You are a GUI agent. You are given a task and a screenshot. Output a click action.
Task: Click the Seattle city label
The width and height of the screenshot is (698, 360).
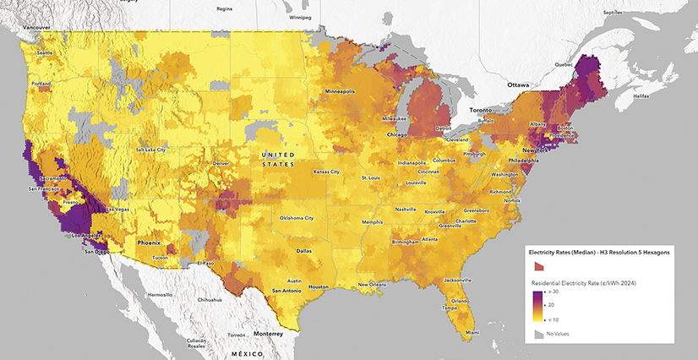[x=44, y=53]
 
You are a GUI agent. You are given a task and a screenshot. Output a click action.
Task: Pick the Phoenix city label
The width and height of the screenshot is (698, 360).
[x=149, y=243]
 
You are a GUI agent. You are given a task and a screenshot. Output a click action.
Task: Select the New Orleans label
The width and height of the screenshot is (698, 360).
[x=372, y=284]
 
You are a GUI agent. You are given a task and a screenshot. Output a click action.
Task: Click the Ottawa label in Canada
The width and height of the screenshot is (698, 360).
[x=517, y=85]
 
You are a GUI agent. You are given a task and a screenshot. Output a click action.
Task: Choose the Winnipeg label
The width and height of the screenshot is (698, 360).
[x=301, y=17]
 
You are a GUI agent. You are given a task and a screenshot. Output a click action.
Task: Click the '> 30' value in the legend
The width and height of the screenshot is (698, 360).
[x=559, y=292]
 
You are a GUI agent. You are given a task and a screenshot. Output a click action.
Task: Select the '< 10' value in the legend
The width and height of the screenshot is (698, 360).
[x=559, y=319]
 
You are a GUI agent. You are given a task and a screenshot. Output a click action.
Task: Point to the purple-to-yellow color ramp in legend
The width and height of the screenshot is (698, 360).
[x=537, y=305]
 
